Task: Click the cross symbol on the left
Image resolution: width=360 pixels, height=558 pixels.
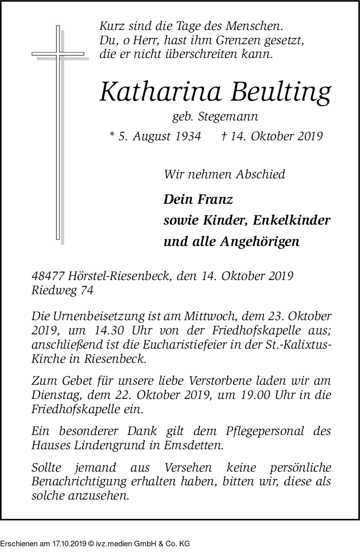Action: point(58,132)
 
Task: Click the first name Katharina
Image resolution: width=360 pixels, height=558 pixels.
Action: point(155,91)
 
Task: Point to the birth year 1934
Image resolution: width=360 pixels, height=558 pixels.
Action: point(186,136)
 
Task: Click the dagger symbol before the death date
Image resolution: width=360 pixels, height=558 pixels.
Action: point(224,136)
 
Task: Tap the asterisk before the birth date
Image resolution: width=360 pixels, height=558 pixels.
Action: point(112,135)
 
